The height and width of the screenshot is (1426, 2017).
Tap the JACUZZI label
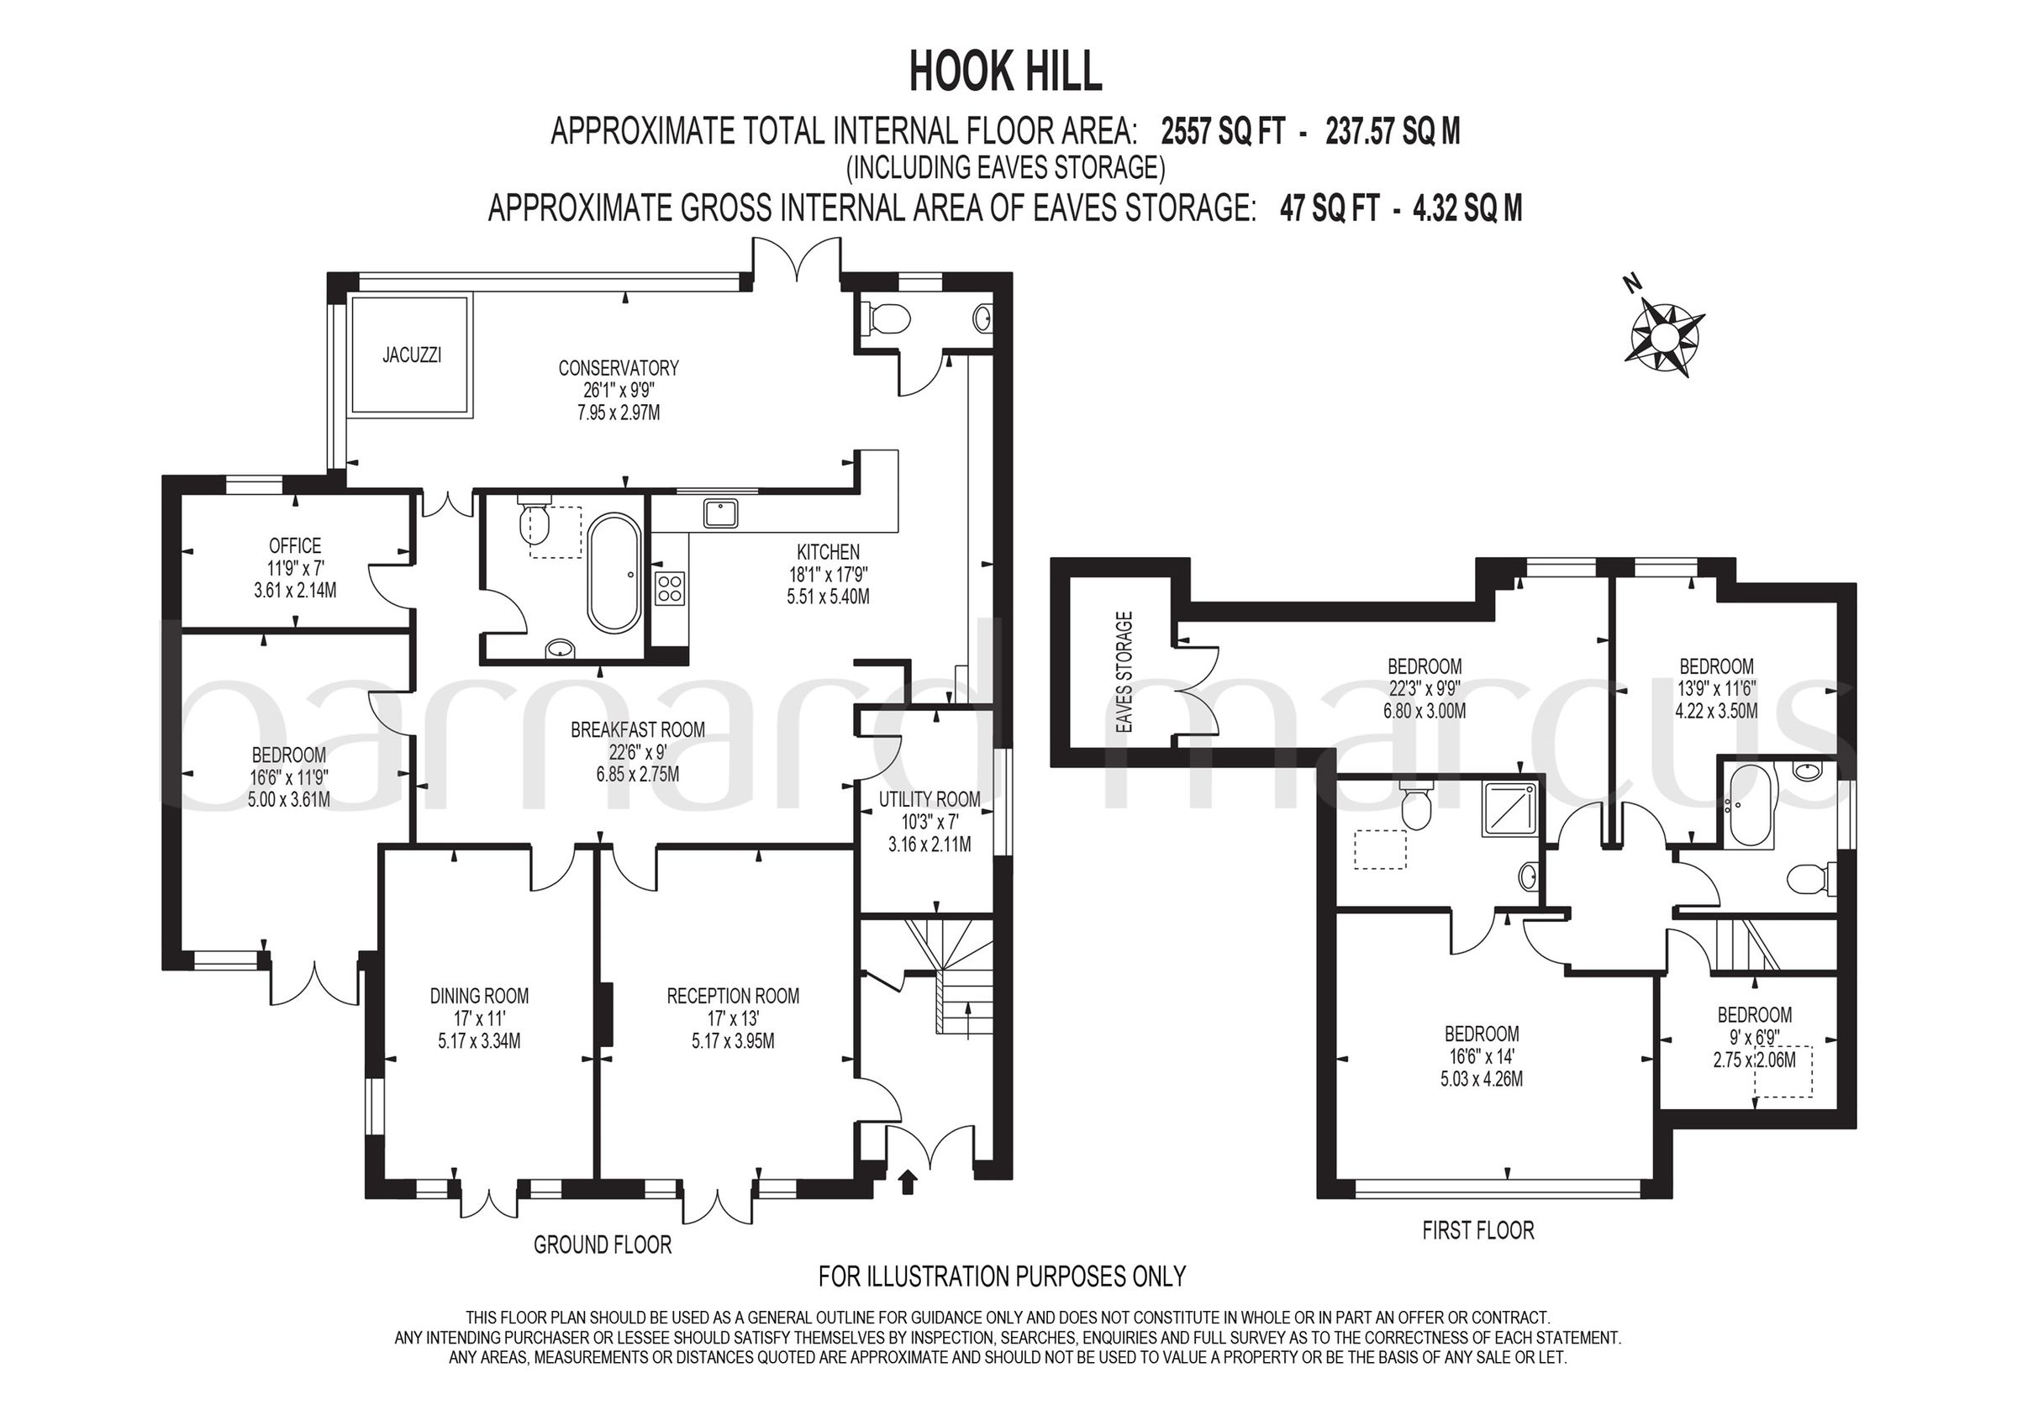[411, 355]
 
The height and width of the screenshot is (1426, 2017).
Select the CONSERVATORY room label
[619, 367]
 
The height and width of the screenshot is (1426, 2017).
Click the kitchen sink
[721, 513]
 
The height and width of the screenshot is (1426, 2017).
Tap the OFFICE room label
[295, 545]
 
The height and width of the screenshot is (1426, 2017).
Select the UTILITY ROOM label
[930, 799]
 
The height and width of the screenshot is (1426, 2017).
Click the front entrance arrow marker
[908, 1181]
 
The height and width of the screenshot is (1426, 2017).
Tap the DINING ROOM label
[479, 996]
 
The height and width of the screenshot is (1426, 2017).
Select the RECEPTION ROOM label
[733, 996]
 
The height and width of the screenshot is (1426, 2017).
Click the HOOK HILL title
[1005, 72]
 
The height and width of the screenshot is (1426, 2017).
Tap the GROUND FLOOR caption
[602, 1244]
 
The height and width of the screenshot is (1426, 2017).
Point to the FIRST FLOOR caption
[1477, 1230]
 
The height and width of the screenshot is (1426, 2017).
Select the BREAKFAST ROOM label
[638, 729]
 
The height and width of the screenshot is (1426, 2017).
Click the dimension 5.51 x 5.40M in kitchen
[828, 597]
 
